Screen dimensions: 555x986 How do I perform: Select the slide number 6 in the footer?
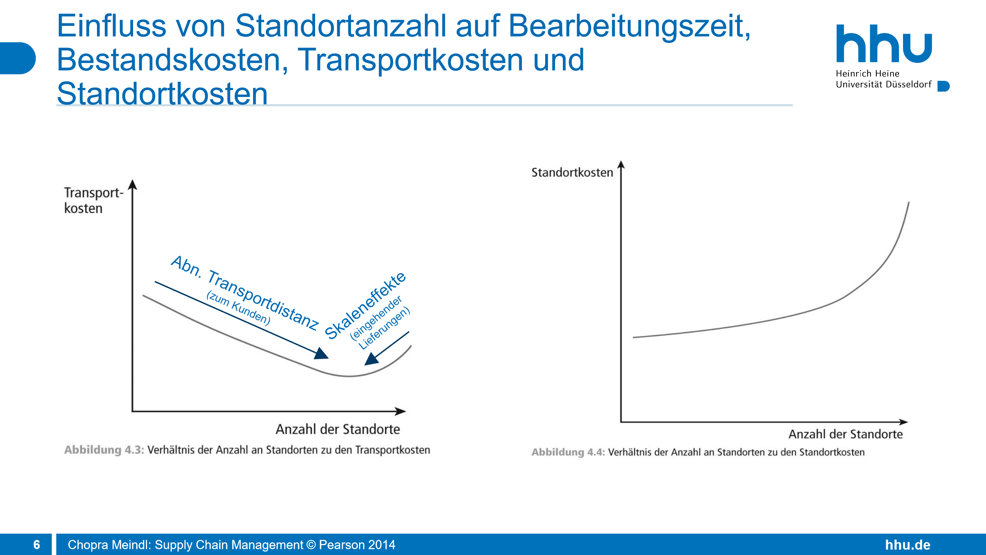(37, 545)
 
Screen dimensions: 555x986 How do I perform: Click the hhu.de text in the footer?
(908, 545)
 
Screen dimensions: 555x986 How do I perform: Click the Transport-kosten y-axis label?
(93, 200)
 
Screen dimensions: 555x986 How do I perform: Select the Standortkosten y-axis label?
(572, 173)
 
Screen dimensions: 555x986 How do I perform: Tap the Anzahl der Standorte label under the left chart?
(338, 429)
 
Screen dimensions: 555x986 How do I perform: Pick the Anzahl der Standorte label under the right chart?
(845, 434)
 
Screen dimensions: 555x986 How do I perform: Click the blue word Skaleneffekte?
(365, 306)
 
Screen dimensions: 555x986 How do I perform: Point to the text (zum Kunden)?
(238, 308)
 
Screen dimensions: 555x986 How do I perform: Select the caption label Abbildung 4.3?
(104, 450)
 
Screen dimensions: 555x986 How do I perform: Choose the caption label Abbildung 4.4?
(568, 452)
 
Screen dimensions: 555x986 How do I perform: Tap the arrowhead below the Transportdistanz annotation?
(322, 354)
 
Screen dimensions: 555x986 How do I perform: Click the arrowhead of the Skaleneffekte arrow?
(371, 359)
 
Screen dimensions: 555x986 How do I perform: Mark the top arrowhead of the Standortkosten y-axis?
(621, 165)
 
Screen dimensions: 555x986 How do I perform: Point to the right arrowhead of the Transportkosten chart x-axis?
(401, 411)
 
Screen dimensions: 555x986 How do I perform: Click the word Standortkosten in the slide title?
(162, 94)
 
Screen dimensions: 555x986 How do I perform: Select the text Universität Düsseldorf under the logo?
(884, 85)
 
